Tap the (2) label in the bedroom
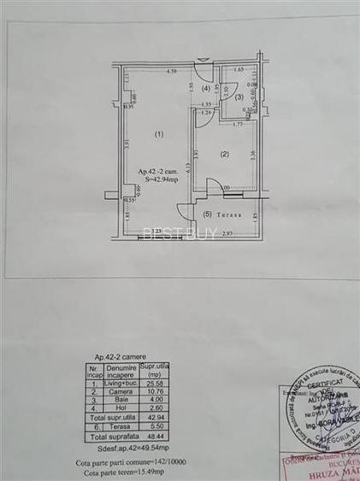(225, 154)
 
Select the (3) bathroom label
(239, 97)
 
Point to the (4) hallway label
(205, 88)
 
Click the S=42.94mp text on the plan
(161, 179)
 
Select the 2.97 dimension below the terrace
(228, 233)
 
